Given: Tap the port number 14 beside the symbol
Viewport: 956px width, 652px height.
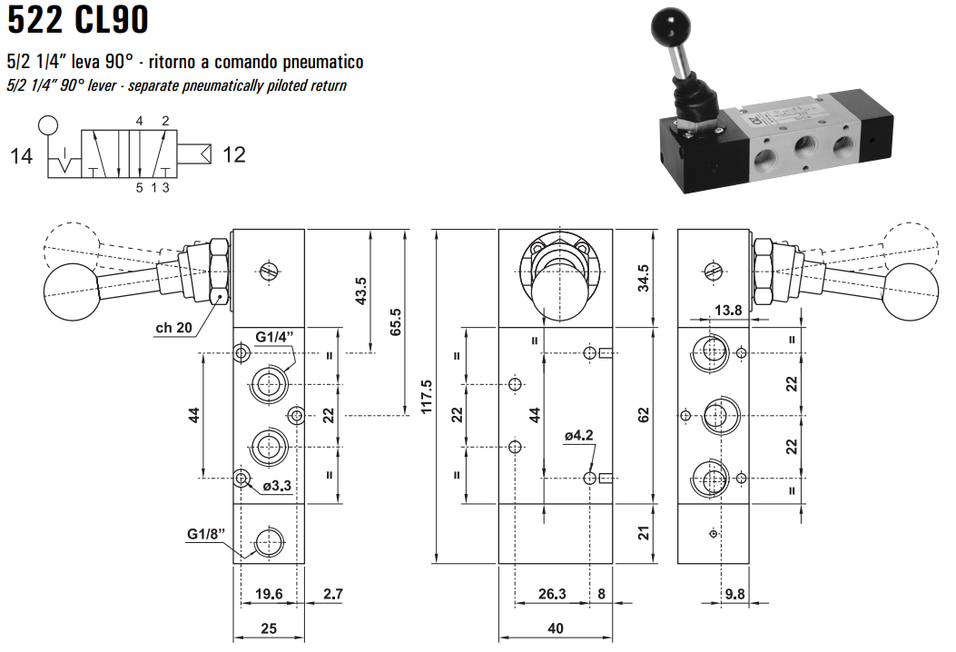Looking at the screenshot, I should click(x=21, y=156).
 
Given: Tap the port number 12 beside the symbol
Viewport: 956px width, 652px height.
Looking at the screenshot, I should click(x=233, y=155).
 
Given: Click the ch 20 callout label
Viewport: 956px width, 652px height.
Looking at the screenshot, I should click(x=172, y=328).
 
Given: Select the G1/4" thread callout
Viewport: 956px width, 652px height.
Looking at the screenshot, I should click(x=274, y=338).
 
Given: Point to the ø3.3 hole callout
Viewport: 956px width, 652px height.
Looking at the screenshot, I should click(x=276, y=486).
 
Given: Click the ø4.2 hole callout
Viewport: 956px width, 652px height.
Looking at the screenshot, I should click(x=577, y=436).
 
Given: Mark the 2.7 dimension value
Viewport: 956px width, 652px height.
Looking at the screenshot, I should click(x=332, y=594).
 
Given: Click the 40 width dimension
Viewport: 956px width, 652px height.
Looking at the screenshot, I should click(x=556, y=627).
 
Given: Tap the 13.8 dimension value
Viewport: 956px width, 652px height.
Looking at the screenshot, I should click(x=728, y=310).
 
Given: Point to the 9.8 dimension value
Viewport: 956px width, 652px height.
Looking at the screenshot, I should click(x=734, y=595).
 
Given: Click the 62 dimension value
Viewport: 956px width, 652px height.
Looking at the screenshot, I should click(x=644, y=415).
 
